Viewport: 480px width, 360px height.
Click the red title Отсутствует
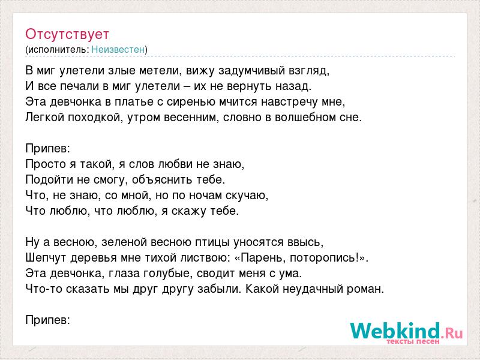67,34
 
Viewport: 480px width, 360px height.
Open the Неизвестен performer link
118,50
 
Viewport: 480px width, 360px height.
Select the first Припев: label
48,149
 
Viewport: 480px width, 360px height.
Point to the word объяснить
162,179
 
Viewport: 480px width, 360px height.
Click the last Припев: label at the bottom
48,320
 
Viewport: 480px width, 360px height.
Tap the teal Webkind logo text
395,331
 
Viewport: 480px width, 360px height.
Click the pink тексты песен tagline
413,341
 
